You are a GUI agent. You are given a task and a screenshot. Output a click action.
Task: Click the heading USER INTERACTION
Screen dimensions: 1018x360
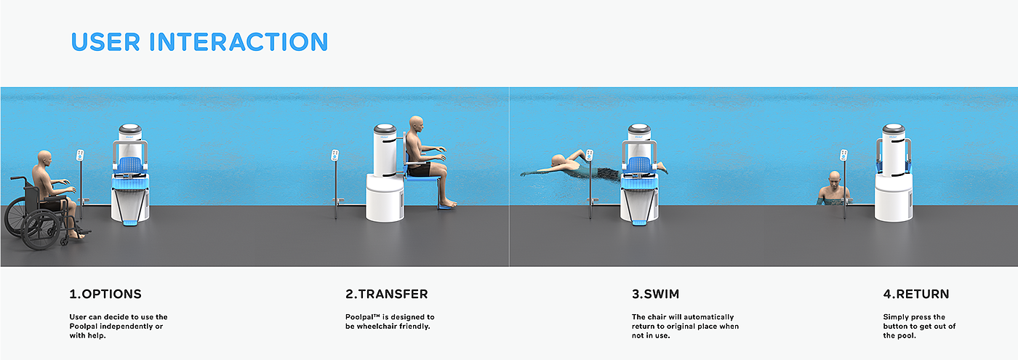coord(199,42)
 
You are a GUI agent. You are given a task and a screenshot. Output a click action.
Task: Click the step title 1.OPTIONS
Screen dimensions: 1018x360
coord(105,294)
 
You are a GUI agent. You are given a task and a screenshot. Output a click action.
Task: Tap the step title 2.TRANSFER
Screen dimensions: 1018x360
coord(387,294)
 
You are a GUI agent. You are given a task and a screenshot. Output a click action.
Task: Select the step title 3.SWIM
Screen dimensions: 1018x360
coord(655,294)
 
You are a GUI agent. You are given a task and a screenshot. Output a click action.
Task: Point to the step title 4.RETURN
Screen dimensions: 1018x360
coord(916,294)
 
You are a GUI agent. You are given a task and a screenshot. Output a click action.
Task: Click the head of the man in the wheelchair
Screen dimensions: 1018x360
coord(44,159)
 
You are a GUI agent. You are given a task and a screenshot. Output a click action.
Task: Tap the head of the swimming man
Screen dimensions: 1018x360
coord(558,161)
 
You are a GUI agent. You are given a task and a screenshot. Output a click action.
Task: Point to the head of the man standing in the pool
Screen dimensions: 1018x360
coord(834,178)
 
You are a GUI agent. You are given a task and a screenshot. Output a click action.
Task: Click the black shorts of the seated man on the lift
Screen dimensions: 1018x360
coord(419,169)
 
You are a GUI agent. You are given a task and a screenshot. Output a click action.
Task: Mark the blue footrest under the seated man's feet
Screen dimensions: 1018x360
coord(447,207)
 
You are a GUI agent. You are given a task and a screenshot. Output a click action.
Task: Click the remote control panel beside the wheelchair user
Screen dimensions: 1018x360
coord(81,155)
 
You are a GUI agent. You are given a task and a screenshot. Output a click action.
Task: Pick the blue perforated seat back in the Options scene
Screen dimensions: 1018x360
coord(130,164)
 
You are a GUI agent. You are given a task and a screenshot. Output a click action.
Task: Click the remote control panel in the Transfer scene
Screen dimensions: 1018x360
coord(335,155)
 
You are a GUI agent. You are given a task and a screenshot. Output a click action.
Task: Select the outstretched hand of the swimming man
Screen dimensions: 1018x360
coord(524,173)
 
